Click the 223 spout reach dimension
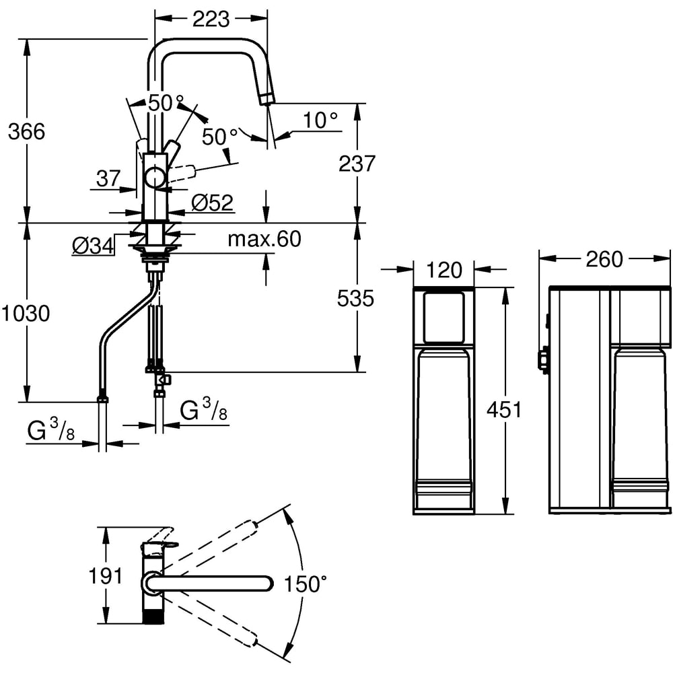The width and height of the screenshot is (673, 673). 210,19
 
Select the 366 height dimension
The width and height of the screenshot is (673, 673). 26,131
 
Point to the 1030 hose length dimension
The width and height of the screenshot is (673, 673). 26,313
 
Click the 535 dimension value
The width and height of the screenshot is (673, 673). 354,298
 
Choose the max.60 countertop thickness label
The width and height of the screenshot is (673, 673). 264,239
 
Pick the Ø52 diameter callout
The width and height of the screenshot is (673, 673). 212,202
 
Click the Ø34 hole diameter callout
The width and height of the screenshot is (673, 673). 92,246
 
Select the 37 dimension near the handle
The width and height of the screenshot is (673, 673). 108,179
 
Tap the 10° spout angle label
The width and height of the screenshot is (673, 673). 320,120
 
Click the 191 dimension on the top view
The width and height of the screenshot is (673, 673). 106,576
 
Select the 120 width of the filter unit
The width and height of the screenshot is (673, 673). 445,270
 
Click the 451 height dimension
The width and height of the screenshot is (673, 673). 504,410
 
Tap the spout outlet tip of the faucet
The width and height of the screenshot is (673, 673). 267,100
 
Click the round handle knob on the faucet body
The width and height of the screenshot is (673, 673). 155,178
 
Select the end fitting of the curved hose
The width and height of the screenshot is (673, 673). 102,397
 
